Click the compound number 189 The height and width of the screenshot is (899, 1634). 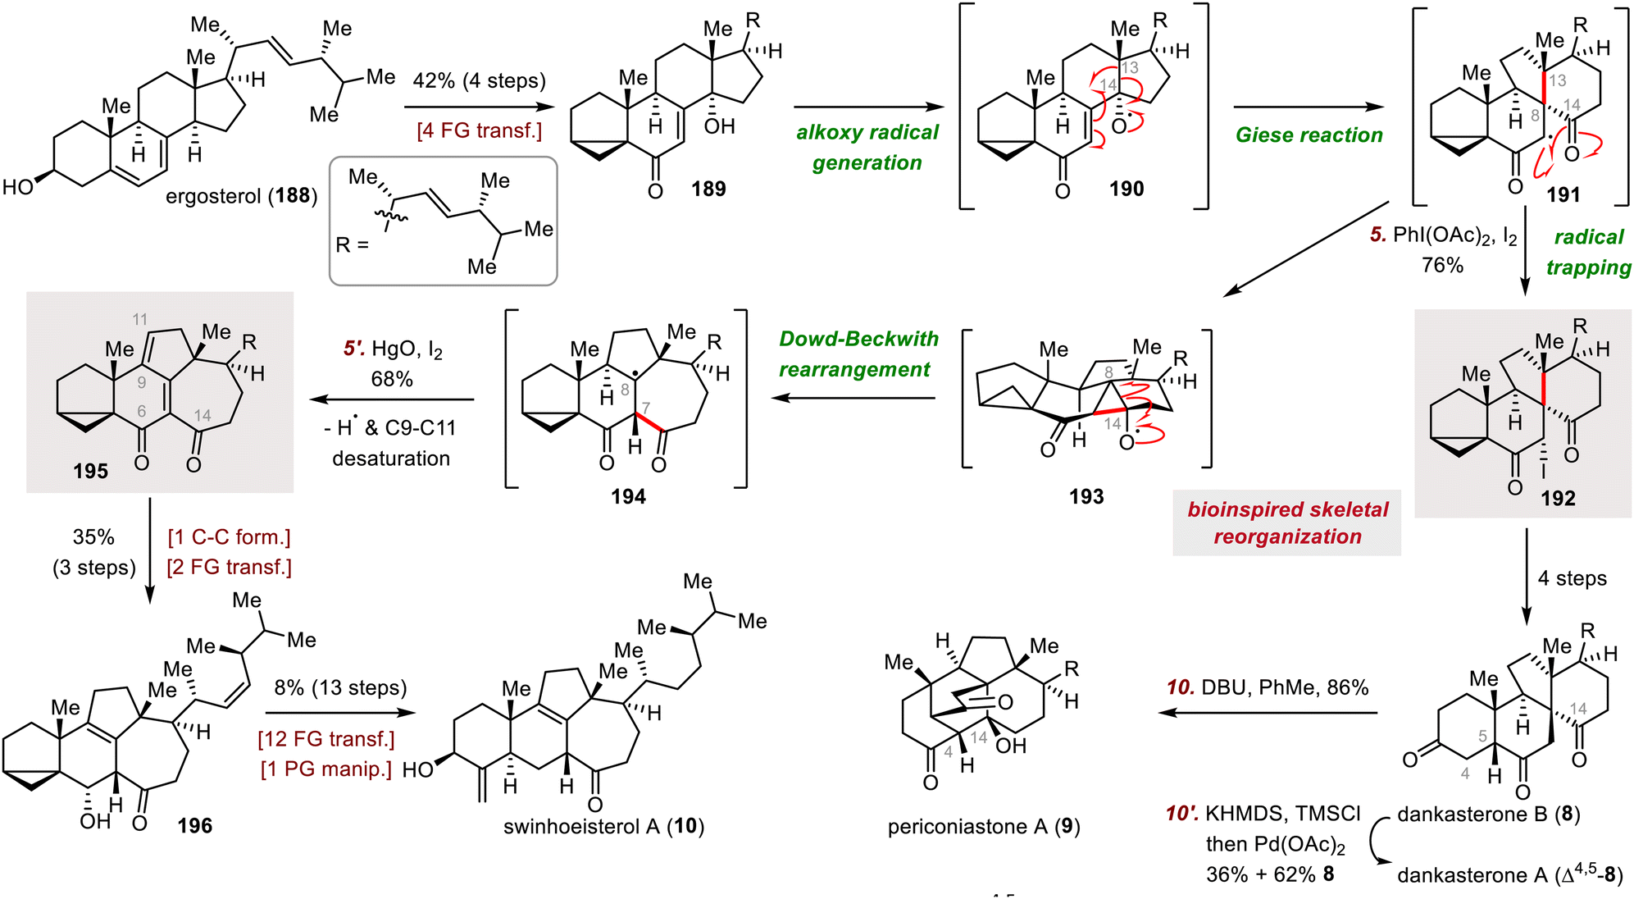click(x=708, y=189)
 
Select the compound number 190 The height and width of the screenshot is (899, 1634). click(x=1127, y=189)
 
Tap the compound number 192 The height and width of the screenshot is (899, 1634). click(x=1558, y=498)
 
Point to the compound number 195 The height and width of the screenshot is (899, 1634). click(x=90, y=471)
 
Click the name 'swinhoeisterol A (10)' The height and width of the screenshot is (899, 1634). click(x=604, y=826)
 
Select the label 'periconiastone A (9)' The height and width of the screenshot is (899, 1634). click(x=984, y=826)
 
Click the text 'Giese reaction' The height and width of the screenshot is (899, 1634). click(x=1309, y=135)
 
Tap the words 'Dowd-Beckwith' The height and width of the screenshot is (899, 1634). click(x=858, y=339)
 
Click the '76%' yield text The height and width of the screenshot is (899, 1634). click(x=1442, y=265)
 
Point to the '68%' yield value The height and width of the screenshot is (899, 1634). click(x=392, y=379)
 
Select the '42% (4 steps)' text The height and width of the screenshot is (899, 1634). click(x=480, y=80)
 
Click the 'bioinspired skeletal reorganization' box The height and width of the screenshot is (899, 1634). click(x=1286, y=523)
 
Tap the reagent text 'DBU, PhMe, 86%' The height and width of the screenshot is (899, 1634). click(x=1285, y=687)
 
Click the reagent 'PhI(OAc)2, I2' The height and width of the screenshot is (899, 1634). click(x=1455, y=236)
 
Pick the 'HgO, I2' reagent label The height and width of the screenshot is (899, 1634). click(x=407, y=349)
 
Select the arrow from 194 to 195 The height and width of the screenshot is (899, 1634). click(x=392, y=399)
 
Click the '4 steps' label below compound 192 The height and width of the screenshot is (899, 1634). click(x=1572, y=578)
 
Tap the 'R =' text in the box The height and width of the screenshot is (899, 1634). click(x=353, y=244)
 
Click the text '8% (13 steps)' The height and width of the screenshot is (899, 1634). click(x=340, y=687)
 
